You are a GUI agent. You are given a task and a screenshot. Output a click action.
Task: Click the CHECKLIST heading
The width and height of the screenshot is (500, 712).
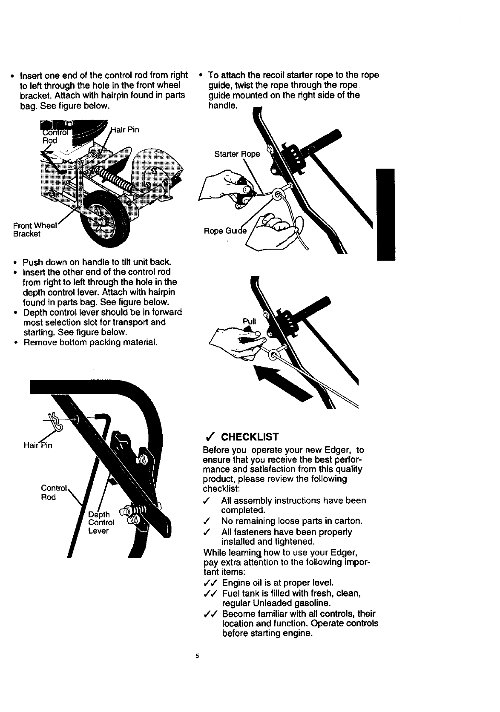coord(250,437)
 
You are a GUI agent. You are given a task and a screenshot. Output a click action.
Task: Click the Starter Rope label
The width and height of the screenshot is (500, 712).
coord(237,154)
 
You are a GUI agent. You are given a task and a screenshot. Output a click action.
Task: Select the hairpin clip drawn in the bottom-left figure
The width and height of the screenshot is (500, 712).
coord(55,421)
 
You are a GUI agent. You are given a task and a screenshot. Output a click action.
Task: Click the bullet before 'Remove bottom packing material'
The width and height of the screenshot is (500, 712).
coord(15,342)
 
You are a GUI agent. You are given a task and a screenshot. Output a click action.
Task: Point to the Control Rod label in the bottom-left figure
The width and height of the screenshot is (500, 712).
coord(54,492)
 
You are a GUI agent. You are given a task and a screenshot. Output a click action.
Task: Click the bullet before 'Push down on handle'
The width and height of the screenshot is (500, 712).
coord(15,262)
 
